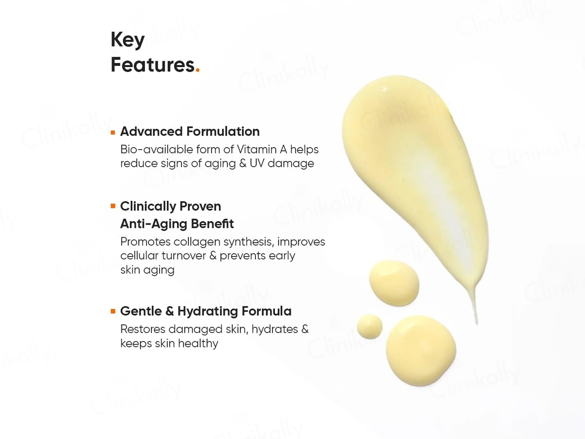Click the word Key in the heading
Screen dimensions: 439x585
coord(127,40)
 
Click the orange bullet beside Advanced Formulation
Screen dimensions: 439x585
coord(113,133)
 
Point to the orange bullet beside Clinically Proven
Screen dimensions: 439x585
coord(113,206)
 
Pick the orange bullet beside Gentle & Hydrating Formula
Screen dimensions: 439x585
coord(113,311)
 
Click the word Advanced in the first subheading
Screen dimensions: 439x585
coord(151,131)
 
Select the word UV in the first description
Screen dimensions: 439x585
coord(257,163)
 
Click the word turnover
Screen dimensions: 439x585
coord(184,256)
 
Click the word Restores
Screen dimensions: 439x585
coord(143,329)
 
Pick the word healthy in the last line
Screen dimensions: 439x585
coord(198,344)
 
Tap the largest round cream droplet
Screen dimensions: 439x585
coord(421,351)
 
